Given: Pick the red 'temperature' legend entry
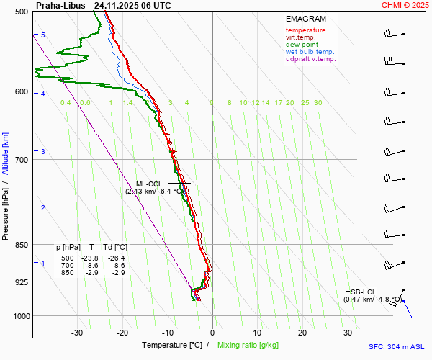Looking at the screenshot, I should click(305, 30).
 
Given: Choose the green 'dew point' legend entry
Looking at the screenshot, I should click(301, 45).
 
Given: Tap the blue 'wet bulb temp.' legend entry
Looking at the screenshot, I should click(310, 52).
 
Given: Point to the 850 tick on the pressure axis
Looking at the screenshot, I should click(20, 245).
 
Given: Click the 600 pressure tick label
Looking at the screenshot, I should click(20, 91).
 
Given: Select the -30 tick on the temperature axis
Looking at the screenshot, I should click(77, 333).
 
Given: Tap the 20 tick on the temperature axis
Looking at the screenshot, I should click(302, 333).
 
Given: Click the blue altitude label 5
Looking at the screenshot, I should click(43, 35).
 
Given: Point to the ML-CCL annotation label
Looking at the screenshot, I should click(150, 184).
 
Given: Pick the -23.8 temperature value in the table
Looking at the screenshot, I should click(89, 258).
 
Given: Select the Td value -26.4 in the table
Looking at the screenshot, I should click(116, 258).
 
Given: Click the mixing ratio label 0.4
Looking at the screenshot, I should click(66, 103).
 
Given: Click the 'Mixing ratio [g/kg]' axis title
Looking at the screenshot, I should click(249, 346).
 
